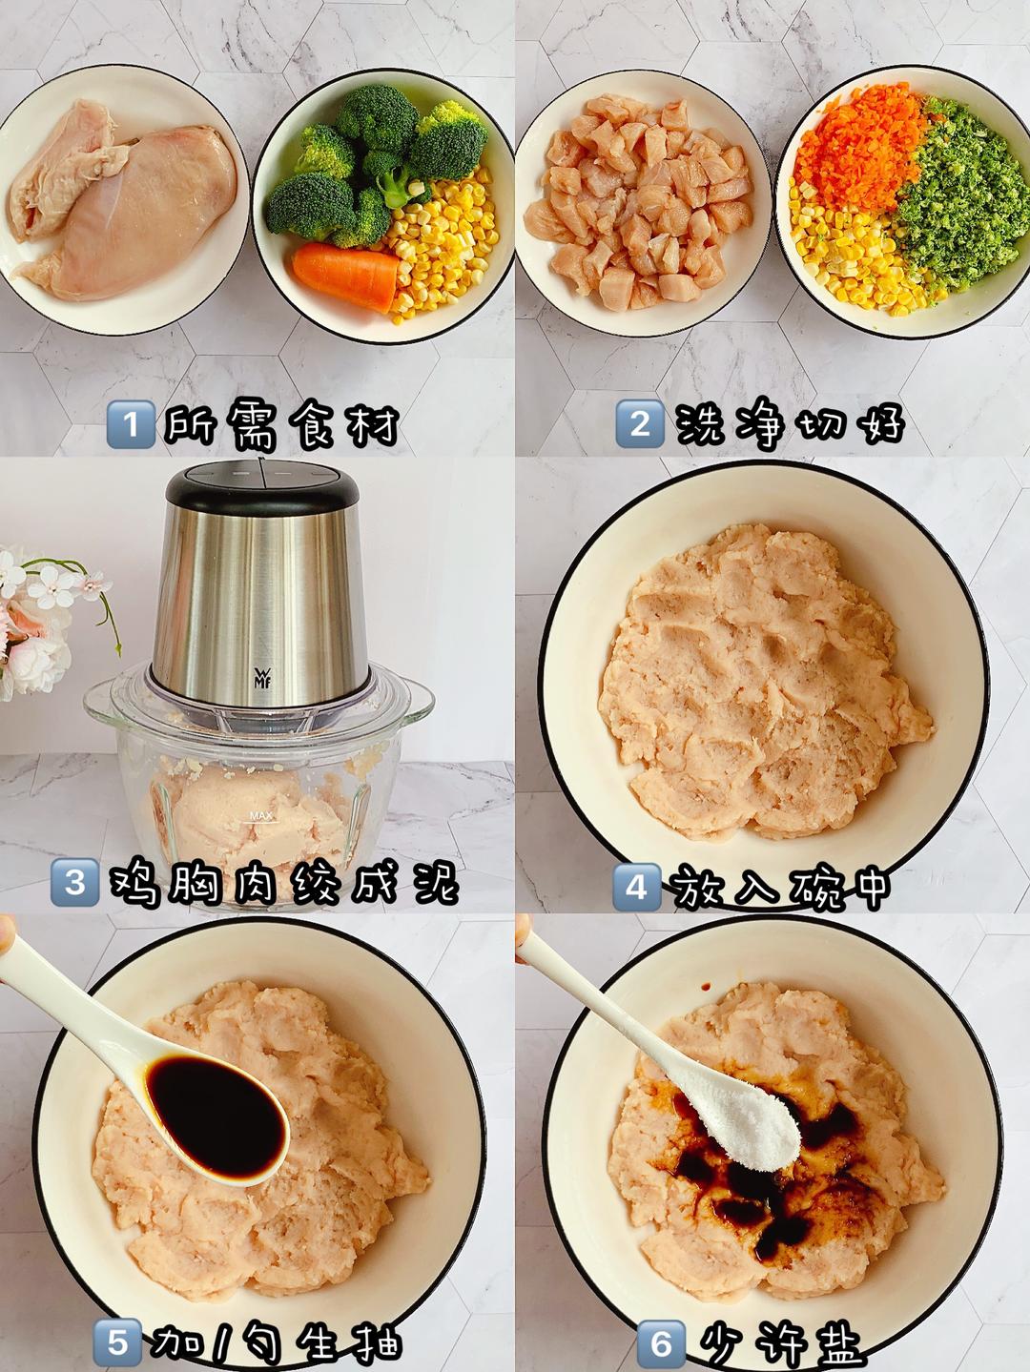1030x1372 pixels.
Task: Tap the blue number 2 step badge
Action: pos(640,423)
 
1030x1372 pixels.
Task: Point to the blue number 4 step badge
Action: pos(637,887)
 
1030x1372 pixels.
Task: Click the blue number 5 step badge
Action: pos(117,1342)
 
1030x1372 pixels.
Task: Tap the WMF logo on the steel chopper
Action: pos(261,676)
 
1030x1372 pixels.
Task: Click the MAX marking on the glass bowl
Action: pos(261,815)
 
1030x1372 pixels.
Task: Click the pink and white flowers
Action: pos(38,620)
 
